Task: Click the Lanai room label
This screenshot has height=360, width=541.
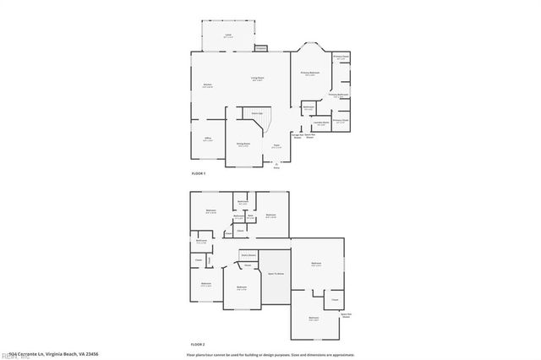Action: point(228,36)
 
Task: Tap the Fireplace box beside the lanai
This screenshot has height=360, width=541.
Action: point(261,48)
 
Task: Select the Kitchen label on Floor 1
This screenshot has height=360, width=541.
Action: point(207,85)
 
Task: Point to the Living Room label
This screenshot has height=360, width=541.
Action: point(256,79)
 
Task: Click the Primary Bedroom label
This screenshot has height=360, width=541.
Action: point(310,74)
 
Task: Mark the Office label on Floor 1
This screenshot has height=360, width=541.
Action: point(207,139)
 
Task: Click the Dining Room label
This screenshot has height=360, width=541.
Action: point(242,145)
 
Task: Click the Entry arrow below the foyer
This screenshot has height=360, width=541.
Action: point(276,166)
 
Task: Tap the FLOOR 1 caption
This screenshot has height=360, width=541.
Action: point(199,173)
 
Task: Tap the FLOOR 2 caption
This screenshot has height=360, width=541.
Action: point(199,345)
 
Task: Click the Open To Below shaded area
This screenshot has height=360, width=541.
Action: point(276,275)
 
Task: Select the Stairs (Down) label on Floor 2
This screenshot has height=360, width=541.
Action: point(249,254)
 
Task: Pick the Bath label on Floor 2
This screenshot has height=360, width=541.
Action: point(251,215)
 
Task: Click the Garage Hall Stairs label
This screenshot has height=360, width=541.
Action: point(297,135)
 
